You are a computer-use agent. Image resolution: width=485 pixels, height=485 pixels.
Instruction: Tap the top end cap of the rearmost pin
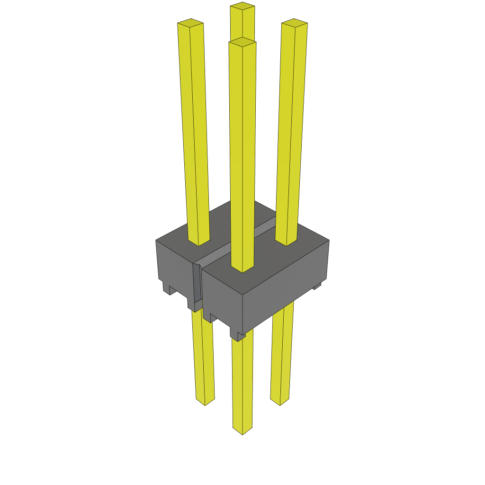point(242,6)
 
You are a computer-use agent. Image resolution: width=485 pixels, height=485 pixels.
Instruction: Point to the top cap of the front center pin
point(242,42)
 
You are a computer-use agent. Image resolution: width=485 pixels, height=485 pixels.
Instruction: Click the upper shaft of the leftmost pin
point(194,133)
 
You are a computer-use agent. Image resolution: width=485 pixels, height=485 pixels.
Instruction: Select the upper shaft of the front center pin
point(242,156)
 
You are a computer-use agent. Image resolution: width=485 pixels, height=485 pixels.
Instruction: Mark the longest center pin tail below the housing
point(242,379)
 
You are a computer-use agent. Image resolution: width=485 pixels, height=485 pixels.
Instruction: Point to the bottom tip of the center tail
point(242,431)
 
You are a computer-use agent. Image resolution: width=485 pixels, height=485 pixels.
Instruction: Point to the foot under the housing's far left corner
point(167,287)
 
